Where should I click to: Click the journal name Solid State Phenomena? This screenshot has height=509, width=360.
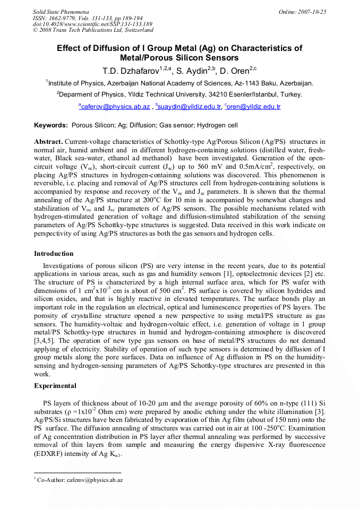pyautogui.click(x=61, y=11)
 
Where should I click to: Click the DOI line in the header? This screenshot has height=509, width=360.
pyautogui.click(x=92, y=24)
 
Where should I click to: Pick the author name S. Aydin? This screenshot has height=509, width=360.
pyautogui.click(x=190, y=71)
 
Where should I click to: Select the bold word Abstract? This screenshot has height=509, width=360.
pyautogui.click(x=49, y=142)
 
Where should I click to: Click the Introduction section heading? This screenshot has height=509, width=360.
pyautogui.click(x=54, y=254)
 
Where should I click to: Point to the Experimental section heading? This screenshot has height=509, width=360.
pyautogui.click(x=55, y=386)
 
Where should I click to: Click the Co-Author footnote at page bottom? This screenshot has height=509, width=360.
pyautogui.click(x=80, y=480)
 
